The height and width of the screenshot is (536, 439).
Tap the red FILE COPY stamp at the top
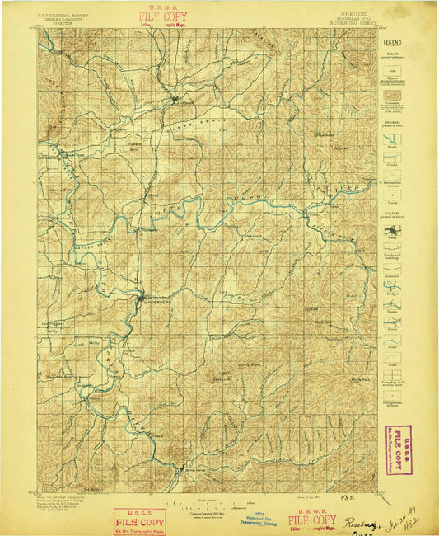pyautogui.click(x=162, y=16)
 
